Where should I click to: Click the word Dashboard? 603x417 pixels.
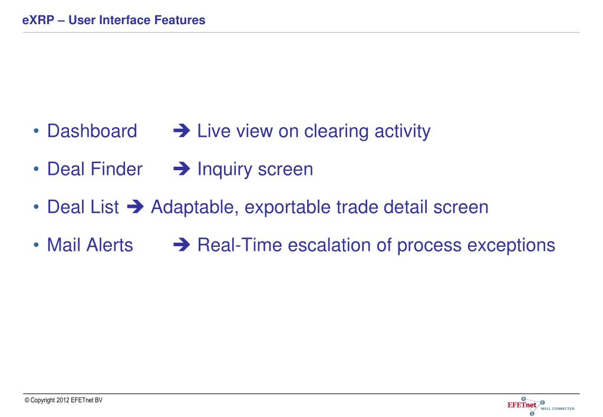point(92,131)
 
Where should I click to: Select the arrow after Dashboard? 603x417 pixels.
point(182,131)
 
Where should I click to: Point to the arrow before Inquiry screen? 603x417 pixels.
point(182,169)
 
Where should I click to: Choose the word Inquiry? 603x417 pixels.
point(225,170)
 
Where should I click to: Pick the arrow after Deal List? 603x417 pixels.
point(136,207)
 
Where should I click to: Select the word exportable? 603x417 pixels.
point(288,208)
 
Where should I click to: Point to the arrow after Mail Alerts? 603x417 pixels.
point(182,245)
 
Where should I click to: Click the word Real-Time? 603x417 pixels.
point(239,245)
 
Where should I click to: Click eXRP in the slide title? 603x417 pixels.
point(38,20)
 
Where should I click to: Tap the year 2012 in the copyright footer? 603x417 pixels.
point(62,400)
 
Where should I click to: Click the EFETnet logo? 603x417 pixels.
point(541,406)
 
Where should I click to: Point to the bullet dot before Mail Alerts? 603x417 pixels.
point(36,245)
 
